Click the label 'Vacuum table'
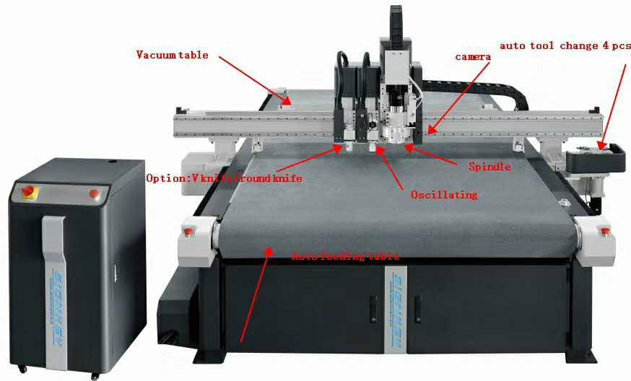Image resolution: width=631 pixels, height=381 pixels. (173, 55)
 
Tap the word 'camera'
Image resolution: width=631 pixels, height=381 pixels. (473, 56)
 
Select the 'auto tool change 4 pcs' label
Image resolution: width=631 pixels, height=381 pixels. (565, 46)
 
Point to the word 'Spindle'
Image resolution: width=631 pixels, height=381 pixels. (489, 167)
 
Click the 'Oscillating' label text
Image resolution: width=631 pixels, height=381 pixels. (444, 195)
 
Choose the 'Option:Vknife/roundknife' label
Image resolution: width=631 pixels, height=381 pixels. (224, 178)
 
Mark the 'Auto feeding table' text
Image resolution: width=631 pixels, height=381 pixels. (345, 256)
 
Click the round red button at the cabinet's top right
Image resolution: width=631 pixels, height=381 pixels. (94, 193)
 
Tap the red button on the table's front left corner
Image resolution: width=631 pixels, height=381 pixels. (188, 232)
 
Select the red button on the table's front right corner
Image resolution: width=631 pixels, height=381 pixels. (604, 231)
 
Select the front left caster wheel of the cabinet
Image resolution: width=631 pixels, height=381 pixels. (22, 369)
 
